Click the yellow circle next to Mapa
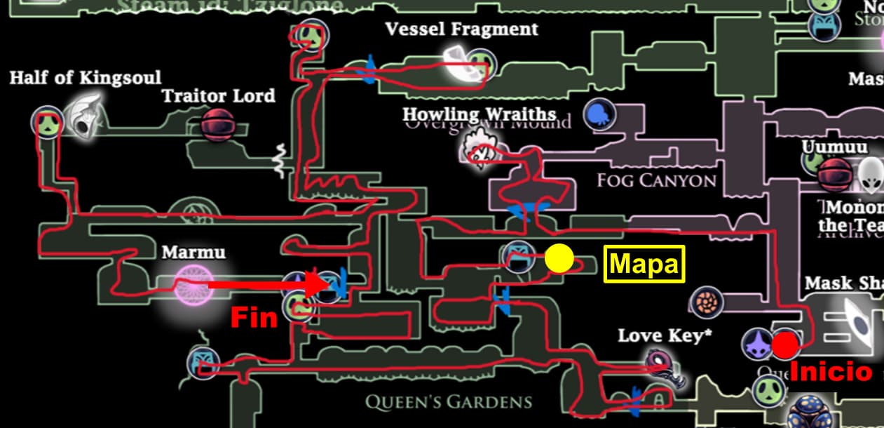(559, 258)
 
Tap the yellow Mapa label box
(644, 264)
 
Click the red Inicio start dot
(785, 345)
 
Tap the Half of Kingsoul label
(85, 77)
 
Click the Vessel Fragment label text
(461, 29)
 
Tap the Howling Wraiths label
(479, 114)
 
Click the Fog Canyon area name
(656, 180)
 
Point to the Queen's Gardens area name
(448, 402)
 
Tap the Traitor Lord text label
(218, 95)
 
